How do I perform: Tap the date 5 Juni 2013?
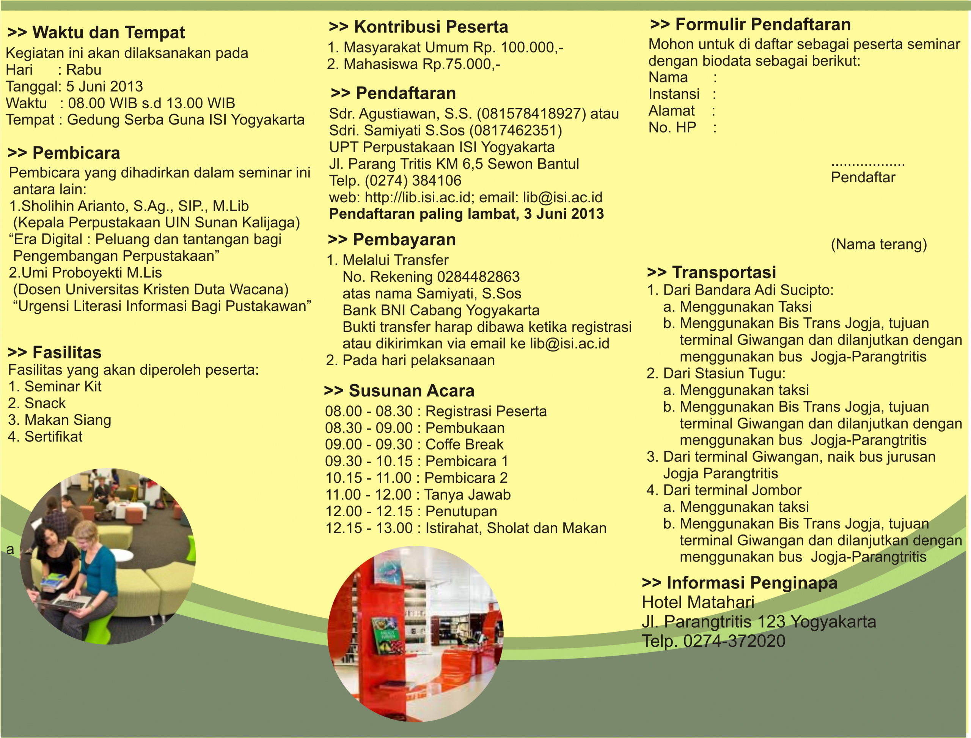click(104, 87)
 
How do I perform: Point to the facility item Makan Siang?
click(68, 420)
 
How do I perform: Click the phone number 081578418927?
click(531, 114)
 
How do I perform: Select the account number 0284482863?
click(478, 277)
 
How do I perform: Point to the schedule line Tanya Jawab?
click(418, 495)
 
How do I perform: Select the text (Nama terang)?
click(879, 244)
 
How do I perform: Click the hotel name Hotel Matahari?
click(698, 602)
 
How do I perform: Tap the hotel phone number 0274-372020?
click(734, 641)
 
